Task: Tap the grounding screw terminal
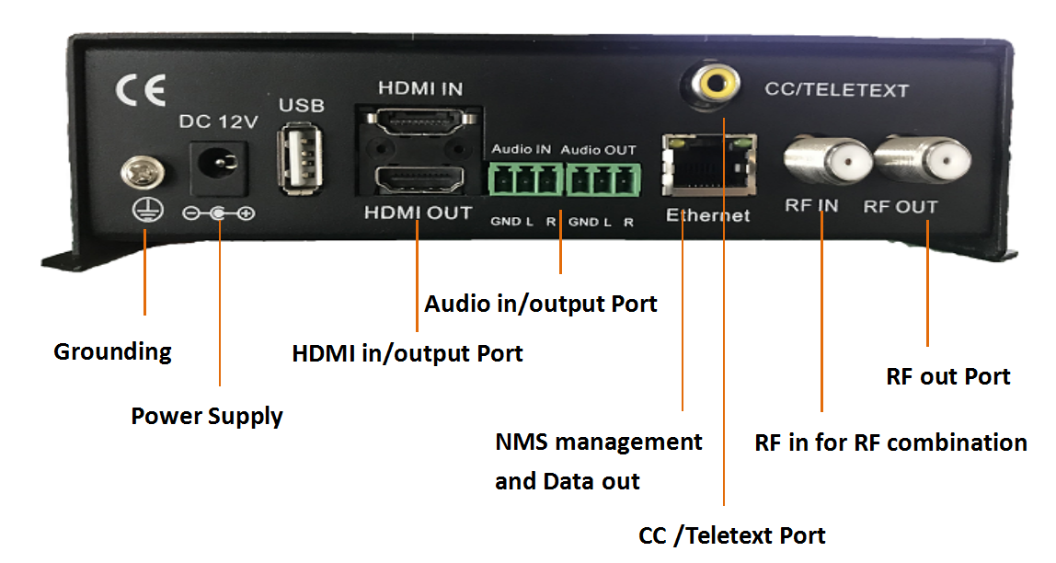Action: [146, 171]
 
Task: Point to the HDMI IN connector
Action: [419, 123]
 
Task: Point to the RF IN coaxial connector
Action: [825, 162]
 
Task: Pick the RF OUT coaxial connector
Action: [916, 163]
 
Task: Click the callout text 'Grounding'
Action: [112, 351]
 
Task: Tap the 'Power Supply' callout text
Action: [207, 416]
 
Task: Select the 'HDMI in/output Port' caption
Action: [407, 353]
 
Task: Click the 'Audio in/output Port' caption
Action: [541, 304]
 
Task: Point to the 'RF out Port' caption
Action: [948, 376]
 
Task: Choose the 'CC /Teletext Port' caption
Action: [732, 535]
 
